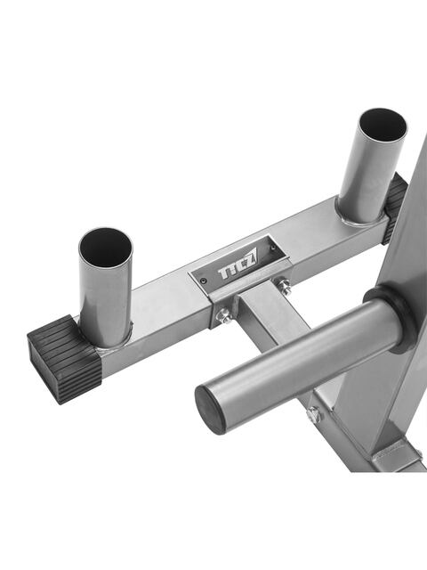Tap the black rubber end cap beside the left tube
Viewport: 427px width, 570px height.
click(63, 358)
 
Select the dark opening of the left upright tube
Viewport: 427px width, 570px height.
click(106, 248)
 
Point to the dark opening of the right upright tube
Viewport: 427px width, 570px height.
click(383, 125)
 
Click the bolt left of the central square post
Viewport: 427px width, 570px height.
click(224, 315)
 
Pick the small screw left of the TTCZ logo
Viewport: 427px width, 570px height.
click(204, 281)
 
